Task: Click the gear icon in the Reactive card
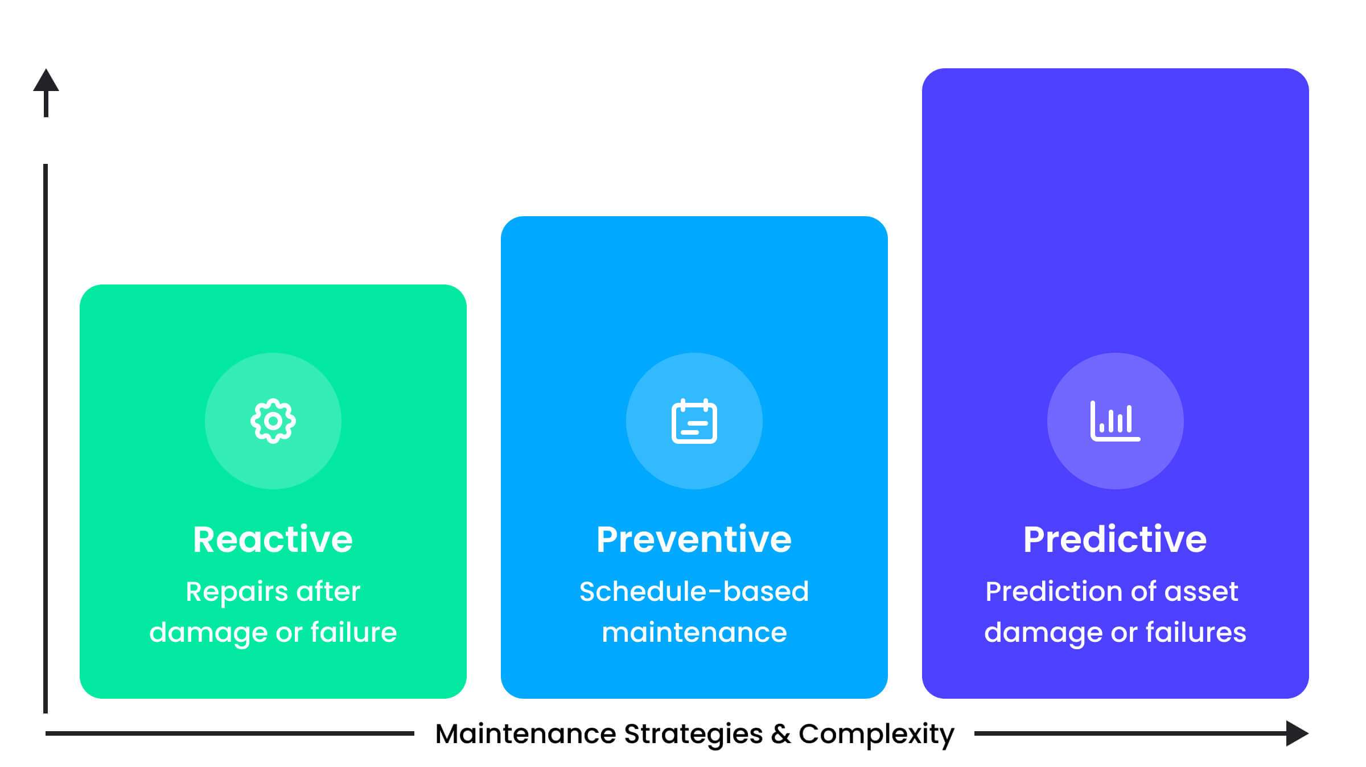click(273, 421)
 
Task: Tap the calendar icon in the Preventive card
click(694, 421)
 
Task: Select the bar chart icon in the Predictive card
click(1116, 421)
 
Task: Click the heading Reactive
click(273, 539)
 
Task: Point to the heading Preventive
click(694, 539)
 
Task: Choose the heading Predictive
click(1115, 539)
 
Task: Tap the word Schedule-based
click(694, 591)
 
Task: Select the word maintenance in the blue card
click(694, 633)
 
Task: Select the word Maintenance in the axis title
click(526, 734)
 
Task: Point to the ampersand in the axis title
click(781, 734)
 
